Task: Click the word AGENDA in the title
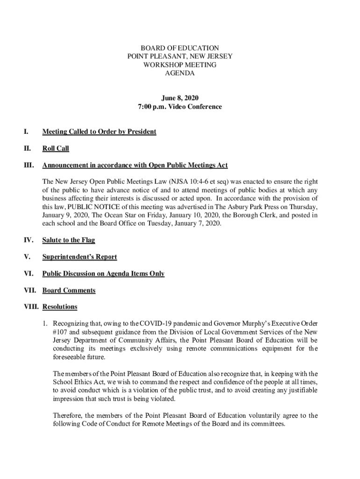(180, 73)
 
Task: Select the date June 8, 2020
(180, 98)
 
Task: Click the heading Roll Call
(56, 148)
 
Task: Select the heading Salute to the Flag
(69, 240)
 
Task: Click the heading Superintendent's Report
(79, 257)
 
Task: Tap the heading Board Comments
(69, 290)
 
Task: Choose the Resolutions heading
(60, 307)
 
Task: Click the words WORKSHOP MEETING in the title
(180, 65)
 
